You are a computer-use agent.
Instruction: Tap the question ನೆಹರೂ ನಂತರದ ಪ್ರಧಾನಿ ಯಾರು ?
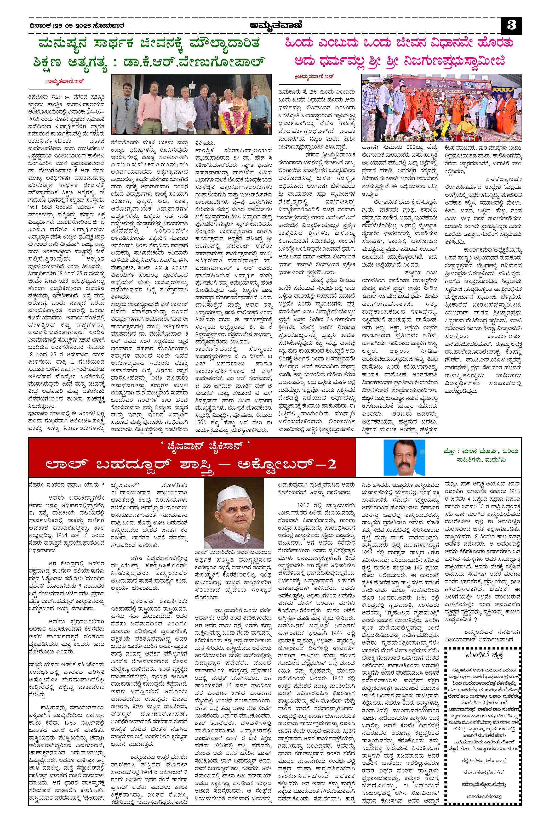pos(66,486)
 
